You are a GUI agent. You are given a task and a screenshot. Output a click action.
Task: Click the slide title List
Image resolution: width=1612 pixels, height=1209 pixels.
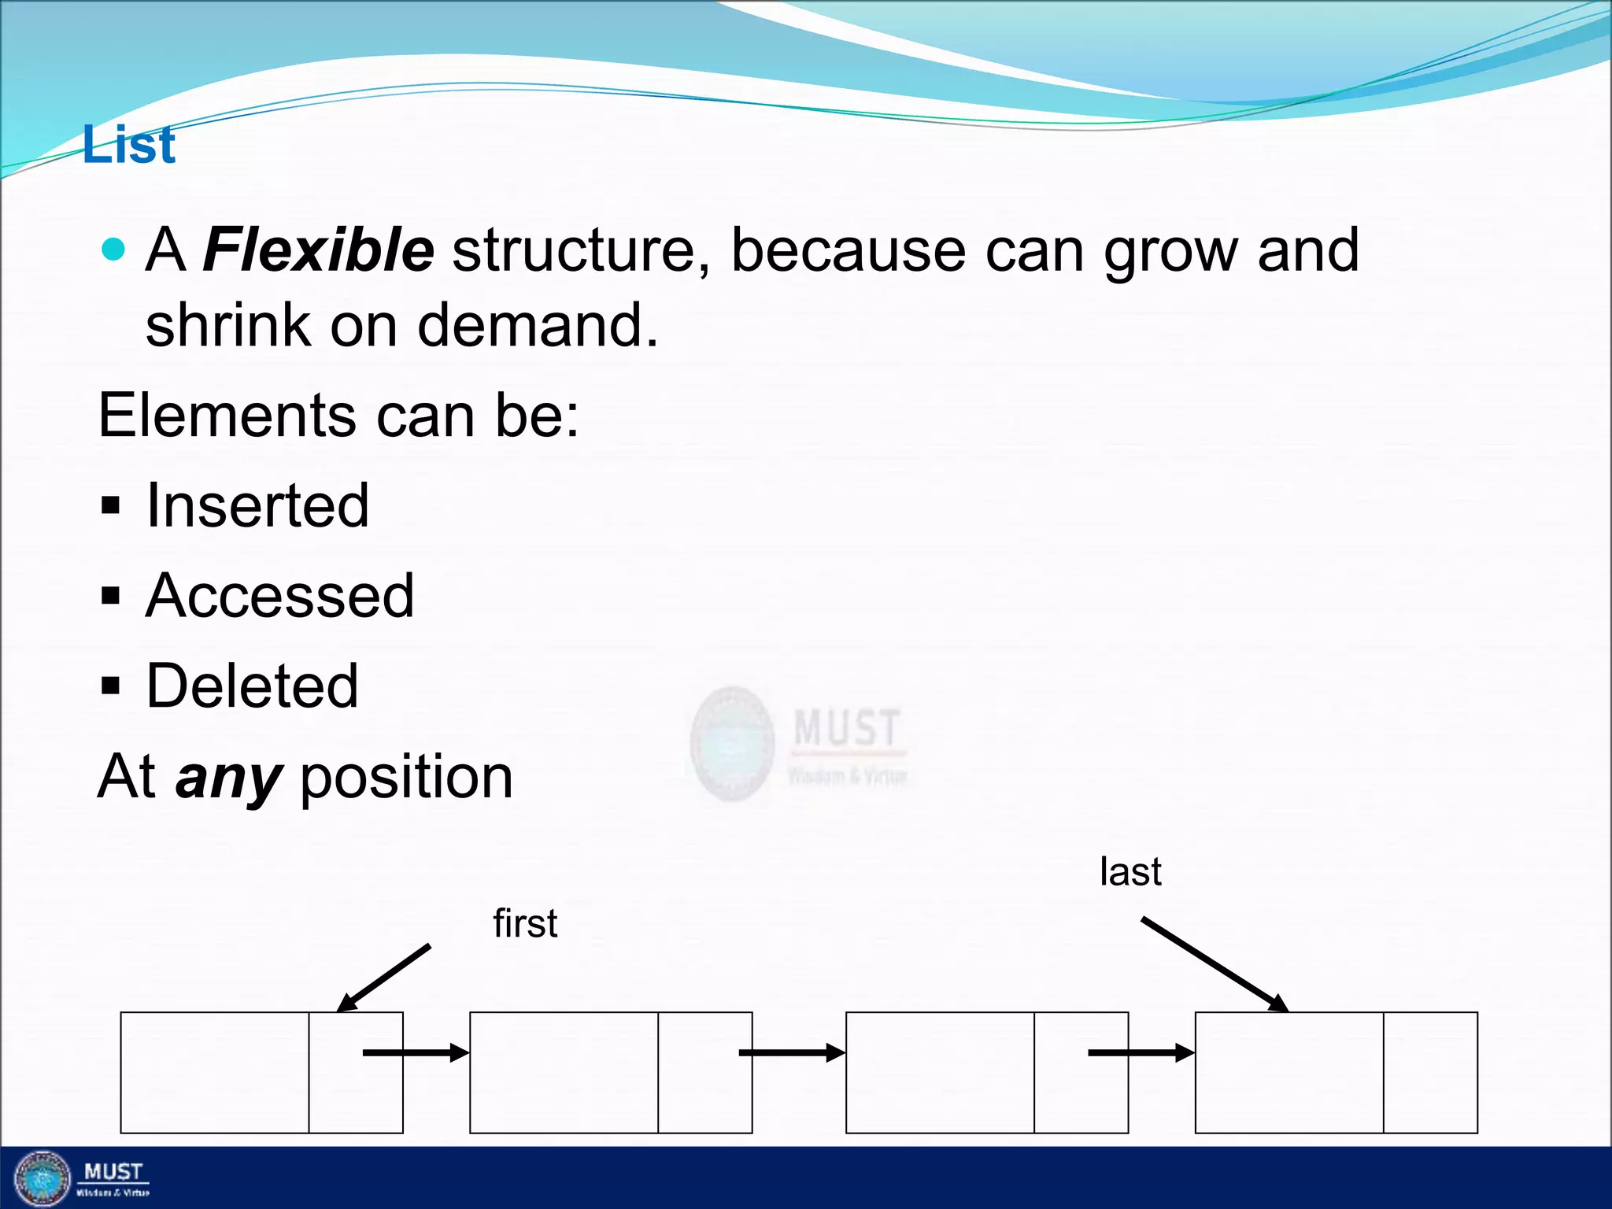tap(129, 146)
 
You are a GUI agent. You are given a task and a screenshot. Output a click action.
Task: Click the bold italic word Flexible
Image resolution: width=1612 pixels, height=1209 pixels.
tap(318, 250)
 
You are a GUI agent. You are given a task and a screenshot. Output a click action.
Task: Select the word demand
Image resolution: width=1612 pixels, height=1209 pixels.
tap(537, 325)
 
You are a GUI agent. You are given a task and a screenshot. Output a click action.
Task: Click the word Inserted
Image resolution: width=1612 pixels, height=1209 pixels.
tap(257, 505)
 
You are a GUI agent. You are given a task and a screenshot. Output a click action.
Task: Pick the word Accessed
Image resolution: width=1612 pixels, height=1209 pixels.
tap(279, 596)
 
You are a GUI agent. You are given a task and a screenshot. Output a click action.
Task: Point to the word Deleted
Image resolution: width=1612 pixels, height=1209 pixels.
tap(252, 686)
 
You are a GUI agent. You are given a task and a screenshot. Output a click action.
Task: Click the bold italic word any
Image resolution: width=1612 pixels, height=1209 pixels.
tap(227, 778)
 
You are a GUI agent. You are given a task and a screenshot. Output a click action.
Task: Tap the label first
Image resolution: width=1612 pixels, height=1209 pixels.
tap(525, 923)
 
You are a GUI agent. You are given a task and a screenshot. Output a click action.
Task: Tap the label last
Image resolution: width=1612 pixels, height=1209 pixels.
tap(1130, 872)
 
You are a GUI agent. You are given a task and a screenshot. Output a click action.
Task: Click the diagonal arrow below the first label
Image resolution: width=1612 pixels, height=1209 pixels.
tap(384, 978)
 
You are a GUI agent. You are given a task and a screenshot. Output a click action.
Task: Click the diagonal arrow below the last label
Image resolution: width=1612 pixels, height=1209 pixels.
tap(1215, 964)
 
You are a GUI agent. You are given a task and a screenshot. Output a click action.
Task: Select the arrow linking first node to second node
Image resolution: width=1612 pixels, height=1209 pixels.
tap(416, 1052)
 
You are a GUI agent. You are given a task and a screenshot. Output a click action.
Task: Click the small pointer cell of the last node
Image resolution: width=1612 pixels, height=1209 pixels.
tap(1430, 1072)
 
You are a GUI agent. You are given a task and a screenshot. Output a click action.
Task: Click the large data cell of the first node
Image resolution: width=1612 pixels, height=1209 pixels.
tap(214, 1072)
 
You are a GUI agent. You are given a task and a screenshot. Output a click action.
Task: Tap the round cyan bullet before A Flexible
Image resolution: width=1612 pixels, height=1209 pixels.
tap(113, 250)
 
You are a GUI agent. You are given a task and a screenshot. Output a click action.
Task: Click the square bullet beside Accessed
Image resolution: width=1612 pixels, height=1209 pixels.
tap(111, 597)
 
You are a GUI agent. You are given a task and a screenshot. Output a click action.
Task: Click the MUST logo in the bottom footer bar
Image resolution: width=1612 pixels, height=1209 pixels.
tap(79, 1178)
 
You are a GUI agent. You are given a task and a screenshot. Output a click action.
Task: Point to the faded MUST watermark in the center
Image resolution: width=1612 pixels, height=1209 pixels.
tap(799, 743)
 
